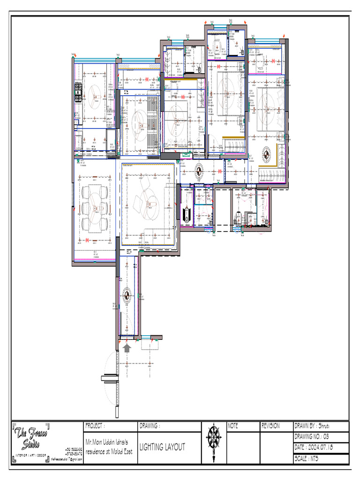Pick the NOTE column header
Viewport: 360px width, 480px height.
point(233,426)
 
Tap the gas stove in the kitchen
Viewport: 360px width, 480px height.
point(78,93)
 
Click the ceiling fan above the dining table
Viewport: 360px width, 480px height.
point(95,207)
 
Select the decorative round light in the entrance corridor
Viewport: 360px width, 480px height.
point(126,295)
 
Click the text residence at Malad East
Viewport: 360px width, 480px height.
point(109,451)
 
